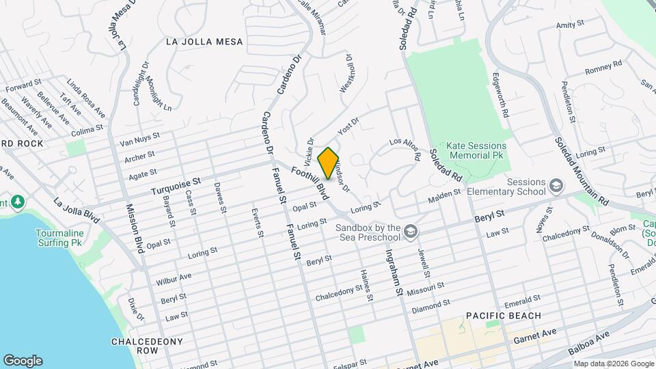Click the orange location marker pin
[328, 163]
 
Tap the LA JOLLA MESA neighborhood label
[204, 42]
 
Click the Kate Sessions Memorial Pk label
[476, 151]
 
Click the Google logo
[23, 360]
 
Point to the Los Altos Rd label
[405, 148]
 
